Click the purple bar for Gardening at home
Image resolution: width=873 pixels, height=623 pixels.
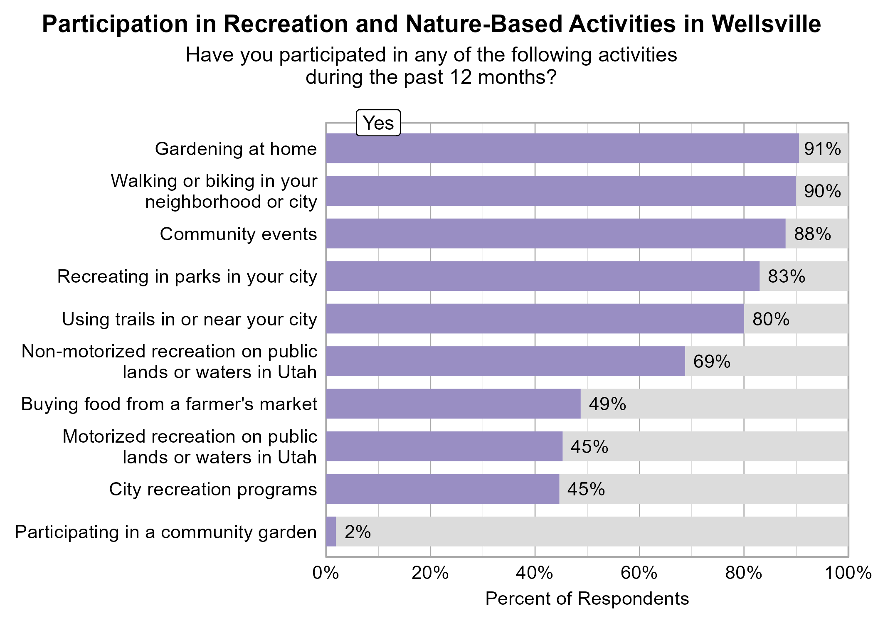point(562,148)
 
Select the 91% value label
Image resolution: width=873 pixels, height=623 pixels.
point(822,149)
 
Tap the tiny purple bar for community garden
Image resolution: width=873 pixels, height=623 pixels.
point(331,532)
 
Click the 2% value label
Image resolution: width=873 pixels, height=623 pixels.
point(358,532)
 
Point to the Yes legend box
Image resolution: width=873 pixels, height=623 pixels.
point(378,123)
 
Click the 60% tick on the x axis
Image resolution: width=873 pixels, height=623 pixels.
point(639,573)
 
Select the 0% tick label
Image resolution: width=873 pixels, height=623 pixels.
point(326,573)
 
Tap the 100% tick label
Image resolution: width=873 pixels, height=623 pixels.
point(848,573)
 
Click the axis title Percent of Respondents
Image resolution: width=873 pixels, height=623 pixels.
point(587,599)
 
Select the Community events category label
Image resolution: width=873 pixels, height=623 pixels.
point(238,234)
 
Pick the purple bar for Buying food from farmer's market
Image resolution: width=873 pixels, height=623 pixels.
point(453,404)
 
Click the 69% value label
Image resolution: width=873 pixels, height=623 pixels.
point(712,362)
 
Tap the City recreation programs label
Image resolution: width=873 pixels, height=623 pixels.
point(213,489)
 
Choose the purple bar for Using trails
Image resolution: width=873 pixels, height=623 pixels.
point(535,319)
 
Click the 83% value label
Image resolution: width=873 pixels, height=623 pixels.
point(787,276)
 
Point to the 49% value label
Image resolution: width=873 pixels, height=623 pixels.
point(607,404)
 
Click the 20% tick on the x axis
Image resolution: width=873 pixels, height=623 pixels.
point(430,573)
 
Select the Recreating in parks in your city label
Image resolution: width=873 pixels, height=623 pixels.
point(187,276)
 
